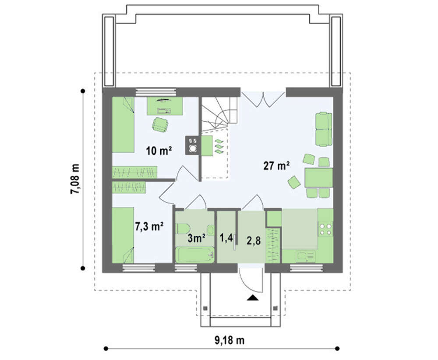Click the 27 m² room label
[276, 166]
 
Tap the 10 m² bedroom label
[159, 151]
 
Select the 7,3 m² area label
[149, 226]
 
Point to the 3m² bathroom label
[197, 238]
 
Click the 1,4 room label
[226, 238]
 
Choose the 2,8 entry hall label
[253, 240]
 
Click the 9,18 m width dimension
[230, 340]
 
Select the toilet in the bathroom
[184, 228]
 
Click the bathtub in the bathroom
[195, 254]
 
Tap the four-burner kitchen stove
[325, 229]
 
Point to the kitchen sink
[306, 256]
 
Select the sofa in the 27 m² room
[324, 129]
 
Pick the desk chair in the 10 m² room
[160, 124]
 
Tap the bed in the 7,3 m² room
[123, 235]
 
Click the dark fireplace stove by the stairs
[192, 145]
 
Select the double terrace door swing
[263, 99]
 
